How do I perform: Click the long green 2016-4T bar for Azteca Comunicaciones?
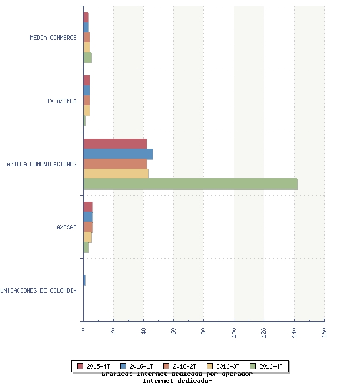pos(191,184)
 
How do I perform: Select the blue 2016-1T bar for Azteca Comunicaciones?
pos(118,154)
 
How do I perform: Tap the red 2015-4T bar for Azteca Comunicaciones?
pos(115,144)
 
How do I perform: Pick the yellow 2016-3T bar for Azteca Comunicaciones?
pos(116,173)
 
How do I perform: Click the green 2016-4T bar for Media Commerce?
pos(88,57)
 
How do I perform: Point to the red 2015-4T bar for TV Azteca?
pos(86,80)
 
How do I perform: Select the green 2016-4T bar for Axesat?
pos(86,247)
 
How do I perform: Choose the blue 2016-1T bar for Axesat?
pos(88,217)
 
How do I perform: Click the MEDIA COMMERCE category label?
pos(53,38)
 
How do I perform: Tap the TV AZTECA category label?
pos(61,101)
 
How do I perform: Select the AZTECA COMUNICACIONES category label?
pos(42,164)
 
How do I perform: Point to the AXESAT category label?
pos(66,227)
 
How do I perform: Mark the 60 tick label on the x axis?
pos(173,331)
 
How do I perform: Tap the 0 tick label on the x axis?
pos(83,330)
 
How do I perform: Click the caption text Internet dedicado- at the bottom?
pos(177,381)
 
